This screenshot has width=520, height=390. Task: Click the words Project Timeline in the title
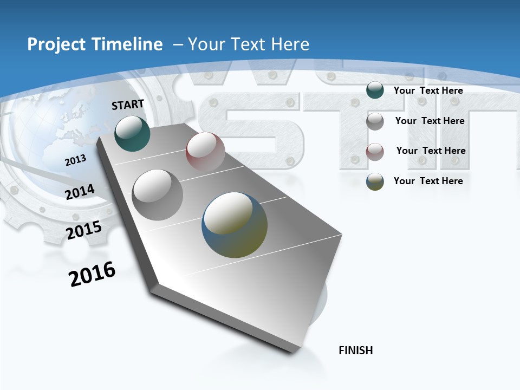tap(95, 44)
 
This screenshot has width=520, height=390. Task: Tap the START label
tap(128, 105)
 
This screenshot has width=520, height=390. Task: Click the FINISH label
tap(356, 350)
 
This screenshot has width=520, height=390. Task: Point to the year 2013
tap(75, 160)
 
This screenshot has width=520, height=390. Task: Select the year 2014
tap(80, 192)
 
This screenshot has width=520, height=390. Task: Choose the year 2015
tap(84, 230)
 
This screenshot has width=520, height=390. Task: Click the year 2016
tap(92, 274)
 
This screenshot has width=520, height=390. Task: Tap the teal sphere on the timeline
tap(132, 133)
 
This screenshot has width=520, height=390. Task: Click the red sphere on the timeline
tap(205, 151)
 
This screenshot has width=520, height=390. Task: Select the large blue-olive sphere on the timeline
tap(235, 225)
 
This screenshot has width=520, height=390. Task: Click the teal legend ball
tap(375, 90)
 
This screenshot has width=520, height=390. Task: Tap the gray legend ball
tap(375, 121)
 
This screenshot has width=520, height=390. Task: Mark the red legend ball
tap(375, 152)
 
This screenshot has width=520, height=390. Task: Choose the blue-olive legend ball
tap(375, 181)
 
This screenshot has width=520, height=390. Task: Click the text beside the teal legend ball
tap(428, 91)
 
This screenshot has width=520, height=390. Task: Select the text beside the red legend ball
tap(431, 151)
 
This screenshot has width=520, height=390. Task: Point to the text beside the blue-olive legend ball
tap(428, 181)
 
